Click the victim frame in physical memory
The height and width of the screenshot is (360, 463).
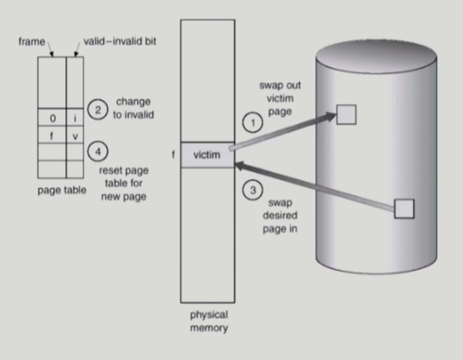[x=207, y=155]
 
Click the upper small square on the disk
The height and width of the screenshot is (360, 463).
[x=346, y=114]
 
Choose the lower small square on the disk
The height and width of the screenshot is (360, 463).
[x=404, y=208]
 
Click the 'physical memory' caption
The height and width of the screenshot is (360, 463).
[x=209, y=321]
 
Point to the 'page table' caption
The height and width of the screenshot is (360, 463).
[x=62, y=190]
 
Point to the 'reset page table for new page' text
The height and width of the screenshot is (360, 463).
[x=123, y=183]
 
